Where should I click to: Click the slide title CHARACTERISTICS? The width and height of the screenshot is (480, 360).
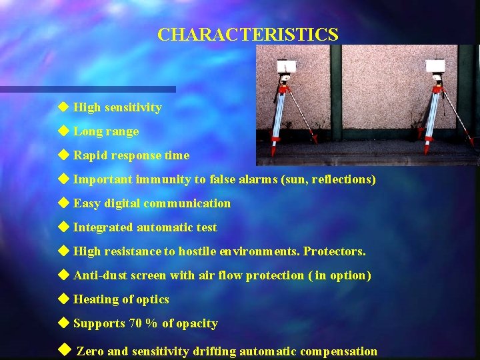[x=247, y=35]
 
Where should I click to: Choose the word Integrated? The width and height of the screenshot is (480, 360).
[x=103, y=227]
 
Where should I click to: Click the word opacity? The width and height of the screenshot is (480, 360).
[x=197, y=323]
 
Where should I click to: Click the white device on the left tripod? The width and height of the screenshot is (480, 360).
[x=287, y=67]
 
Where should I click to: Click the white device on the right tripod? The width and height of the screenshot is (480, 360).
[x=436, y=65]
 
